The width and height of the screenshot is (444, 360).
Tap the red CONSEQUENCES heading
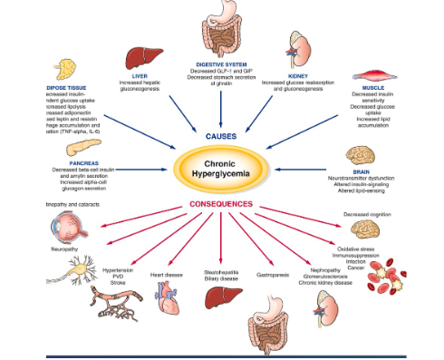(222, 204)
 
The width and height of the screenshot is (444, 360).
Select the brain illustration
(372, 156)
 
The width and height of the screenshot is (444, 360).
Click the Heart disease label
(168, 273)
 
